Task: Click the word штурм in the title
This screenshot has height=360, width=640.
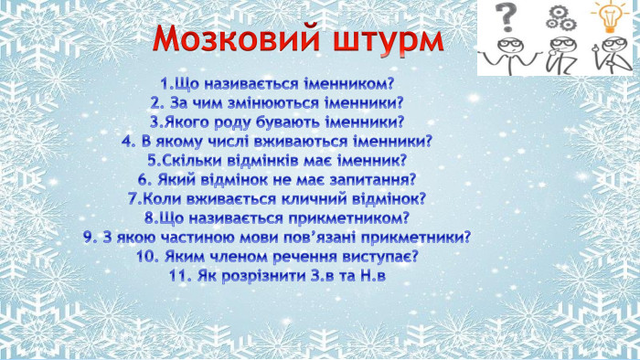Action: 382,42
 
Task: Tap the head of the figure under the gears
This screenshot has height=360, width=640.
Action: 555,42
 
